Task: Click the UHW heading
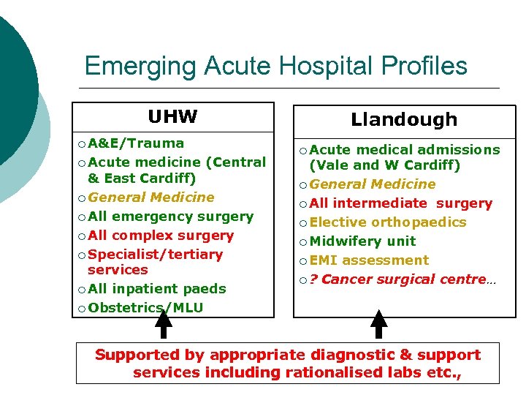point(172,117)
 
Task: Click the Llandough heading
point(404,119)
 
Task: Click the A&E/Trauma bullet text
point(136,143)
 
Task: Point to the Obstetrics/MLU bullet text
point(145,308)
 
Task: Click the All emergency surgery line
point(170,217)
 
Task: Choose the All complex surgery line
point(161,236)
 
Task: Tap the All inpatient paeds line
point(157,289)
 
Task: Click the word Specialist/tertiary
point(155,255)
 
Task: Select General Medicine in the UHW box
point(151,197)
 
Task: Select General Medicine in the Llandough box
point(373,184)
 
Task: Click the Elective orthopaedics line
point(388,222)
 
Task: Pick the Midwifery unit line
point(362,241)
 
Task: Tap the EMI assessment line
point(369,260)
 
